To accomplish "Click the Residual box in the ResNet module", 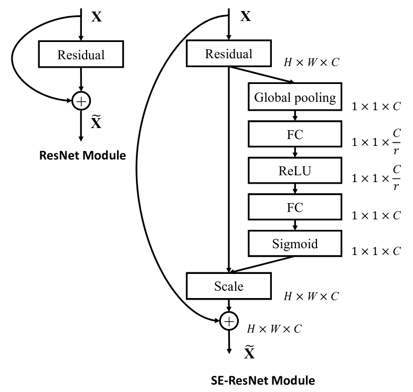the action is pyautogui.click(x=81, y=54).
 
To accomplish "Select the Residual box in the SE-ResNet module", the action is pyautogui.click(x=229, y=53).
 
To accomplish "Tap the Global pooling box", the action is pyautogui.click(x=295, y=97).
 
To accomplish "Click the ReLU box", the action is pyautogui.click(x=295, y=171).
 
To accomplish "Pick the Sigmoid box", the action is pyautogui.click(x=295, y=243).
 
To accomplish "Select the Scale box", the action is pyautogui.click(x=229, y=286).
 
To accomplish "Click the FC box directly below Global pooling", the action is pyautogui.click(x=295, y=134).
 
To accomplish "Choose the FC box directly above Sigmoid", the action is pyautogui.click(x=295, y=207).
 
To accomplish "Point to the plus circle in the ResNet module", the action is pyautogui.click(x=81, y=101).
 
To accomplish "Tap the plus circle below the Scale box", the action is pyautogui.click(x=229, y=321).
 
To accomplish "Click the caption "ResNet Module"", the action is pyautogui.click(x=82, y=155).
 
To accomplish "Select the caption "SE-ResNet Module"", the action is pyautogui.click(x=263, y=380).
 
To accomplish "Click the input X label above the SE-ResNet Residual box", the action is pyautogui.click(x=246, y=16).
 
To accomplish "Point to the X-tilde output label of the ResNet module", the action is pyautogui.click(x=96, y=122).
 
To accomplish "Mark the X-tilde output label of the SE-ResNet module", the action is pyautogui.click(x=249, y=352).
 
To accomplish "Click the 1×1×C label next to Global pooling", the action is pyautogui.click(x=376, y=107).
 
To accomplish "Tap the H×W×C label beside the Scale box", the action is pyautogui.click(x=311, y=296).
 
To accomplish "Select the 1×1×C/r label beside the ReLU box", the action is pyautogui.click(x=376, y=178).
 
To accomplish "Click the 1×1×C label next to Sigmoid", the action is pyautogui.click(x=376, y=251).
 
